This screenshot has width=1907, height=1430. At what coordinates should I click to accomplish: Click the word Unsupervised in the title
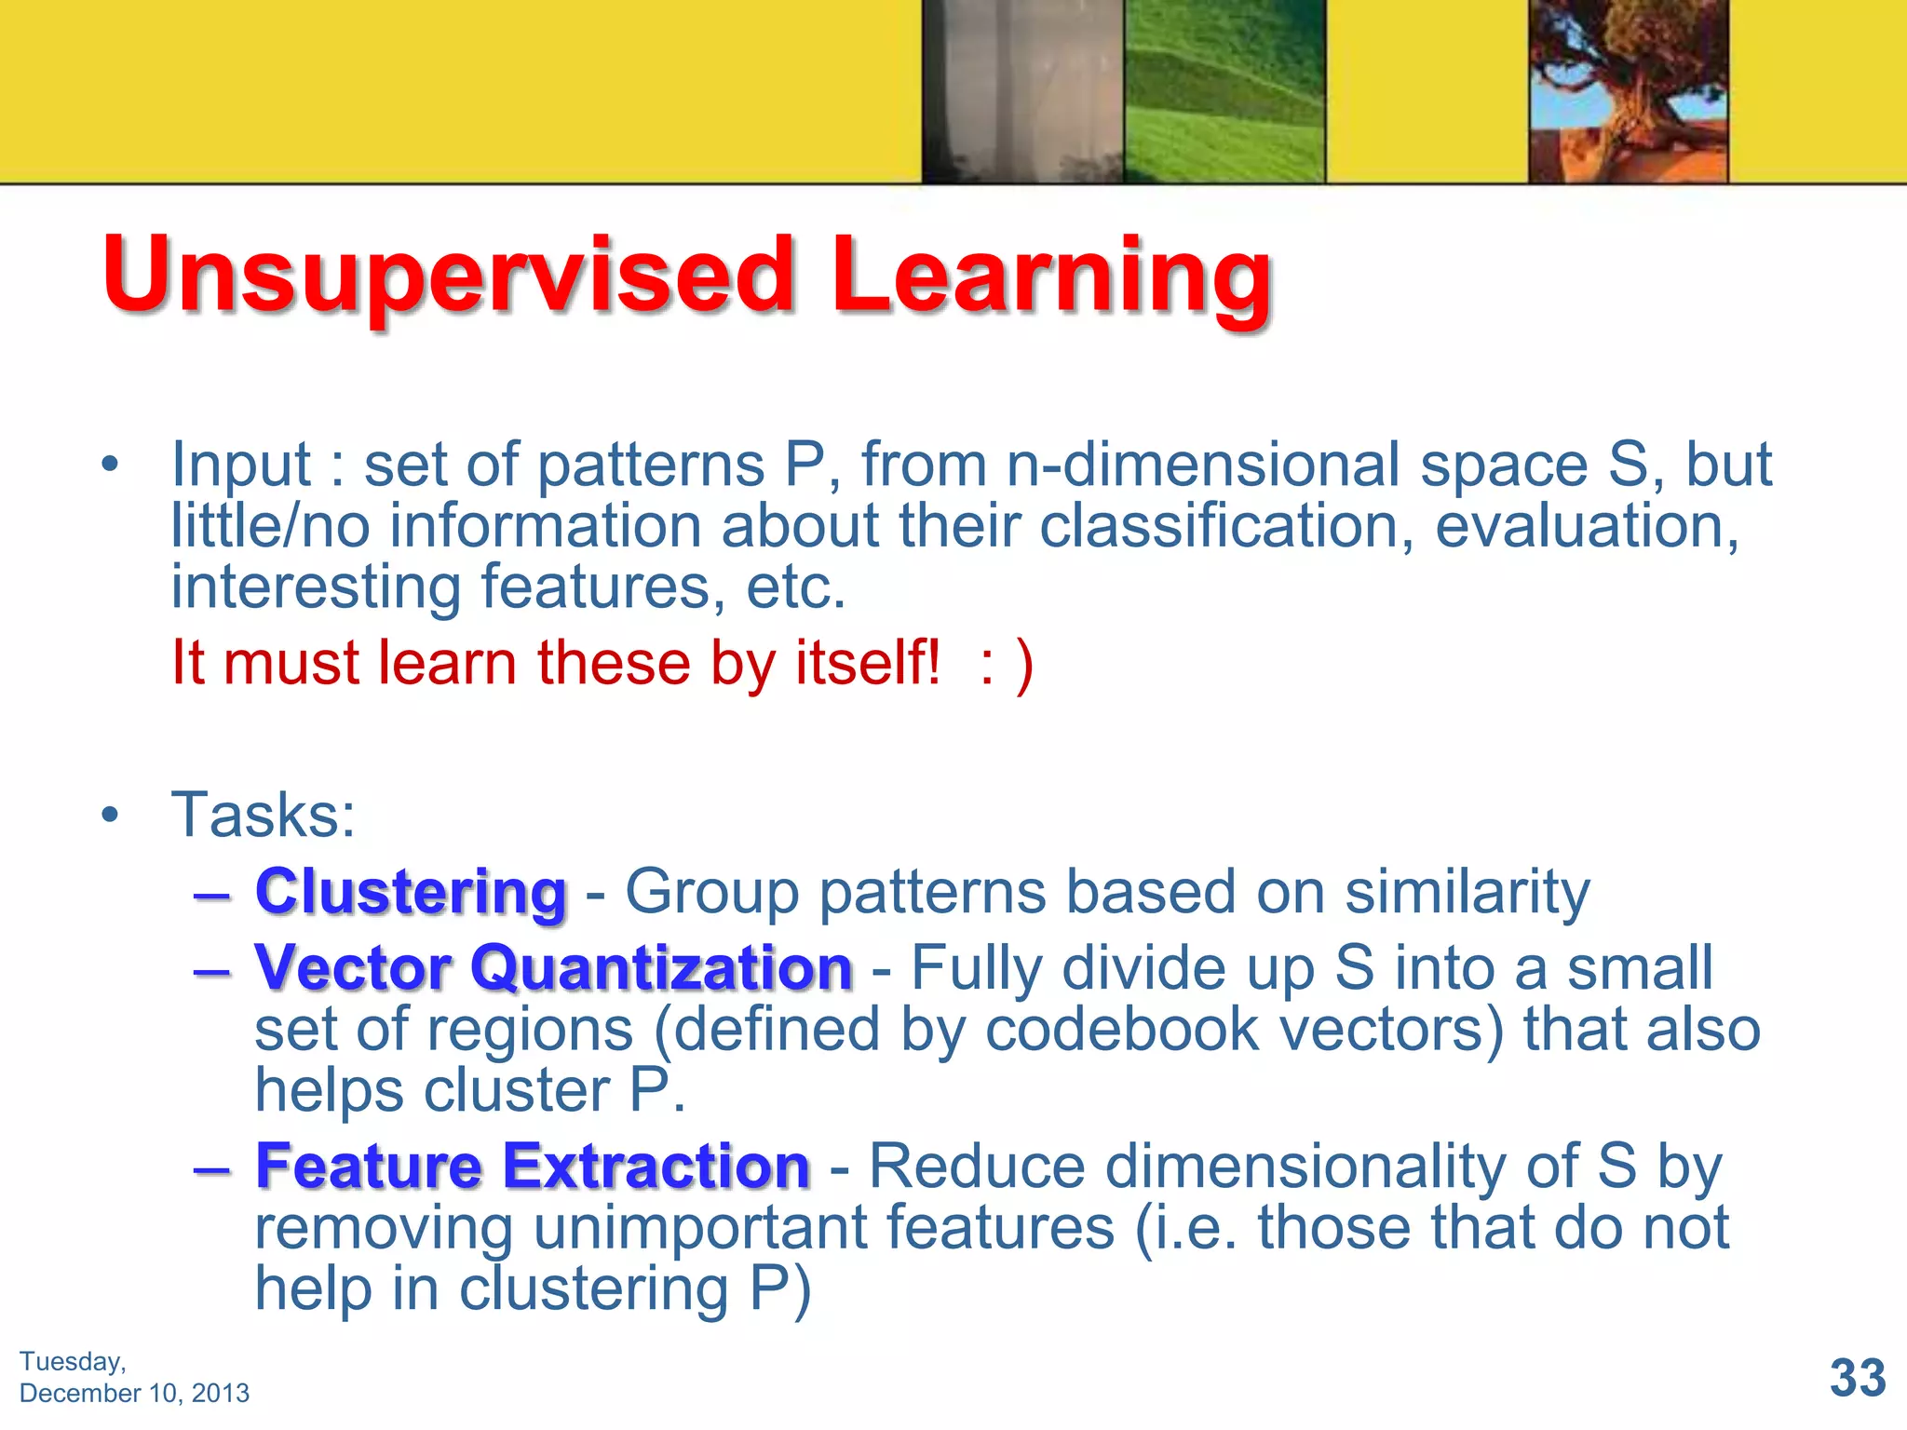pyautogui.click(x=447, y=276)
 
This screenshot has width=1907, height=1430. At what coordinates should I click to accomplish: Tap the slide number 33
pyautogui.click(x=1857, y=1377)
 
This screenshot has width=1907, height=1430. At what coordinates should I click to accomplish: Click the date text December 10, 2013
pyautogui.click(x=134, y=1393)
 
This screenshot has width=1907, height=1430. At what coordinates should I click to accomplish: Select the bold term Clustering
pyautogui.click(x=411, y=892)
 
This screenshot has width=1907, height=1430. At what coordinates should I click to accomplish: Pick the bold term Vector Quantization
pyautogui.click(x=553, y=968)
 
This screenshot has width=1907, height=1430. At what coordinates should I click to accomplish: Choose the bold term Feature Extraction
pyautogui.click(x=533, y=1166)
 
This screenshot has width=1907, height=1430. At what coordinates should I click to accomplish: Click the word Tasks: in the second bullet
pyautogui.click(x=264, y=816)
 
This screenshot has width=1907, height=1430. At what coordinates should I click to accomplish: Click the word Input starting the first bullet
pyautogui.click(x=240, y=465)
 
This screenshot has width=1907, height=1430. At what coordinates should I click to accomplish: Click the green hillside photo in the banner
pyautogui.click(x=1224, y=90)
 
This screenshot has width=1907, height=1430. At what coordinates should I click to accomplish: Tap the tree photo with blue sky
pyautogui.click(x=1628, y=90)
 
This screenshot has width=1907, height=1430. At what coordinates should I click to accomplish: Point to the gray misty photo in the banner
pyautogui.click(x=1022, y=90)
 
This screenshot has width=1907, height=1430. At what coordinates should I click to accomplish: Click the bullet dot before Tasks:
pyautogui.click(x=111, y=816)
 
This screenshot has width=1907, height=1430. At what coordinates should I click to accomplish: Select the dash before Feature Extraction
pyautogui.click(x=212, y=1167)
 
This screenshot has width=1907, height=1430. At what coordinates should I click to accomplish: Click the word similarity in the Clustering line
pyautogui.click(x=1467, y=892)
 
